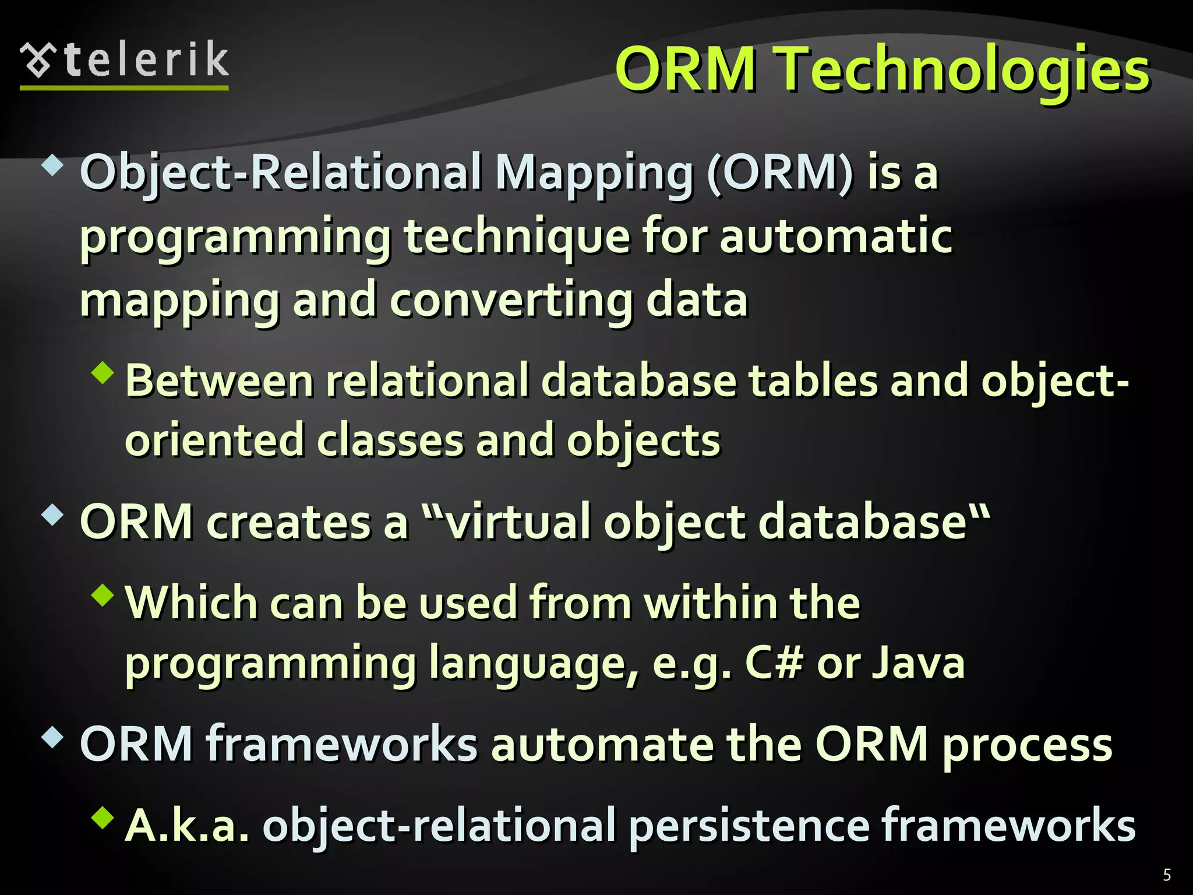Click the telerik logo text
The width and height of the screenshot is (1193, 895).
(146, 60)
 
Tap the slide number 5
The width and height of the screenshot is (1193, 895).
(1167, 875)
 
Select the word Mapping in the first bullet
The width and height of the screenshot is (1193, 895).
(594, 174)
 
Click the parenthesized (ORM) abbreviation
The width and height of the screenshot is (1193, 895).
(780, 173)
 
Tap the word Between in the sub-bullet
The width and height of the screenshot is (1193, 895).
(220, 380)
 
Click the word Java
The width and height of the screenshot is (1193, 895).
(918, 663)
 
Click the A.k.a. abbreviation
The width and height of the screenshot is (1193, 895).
(187, 826)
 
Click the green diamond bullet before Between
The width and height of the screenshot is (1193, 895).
(103, 373)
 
